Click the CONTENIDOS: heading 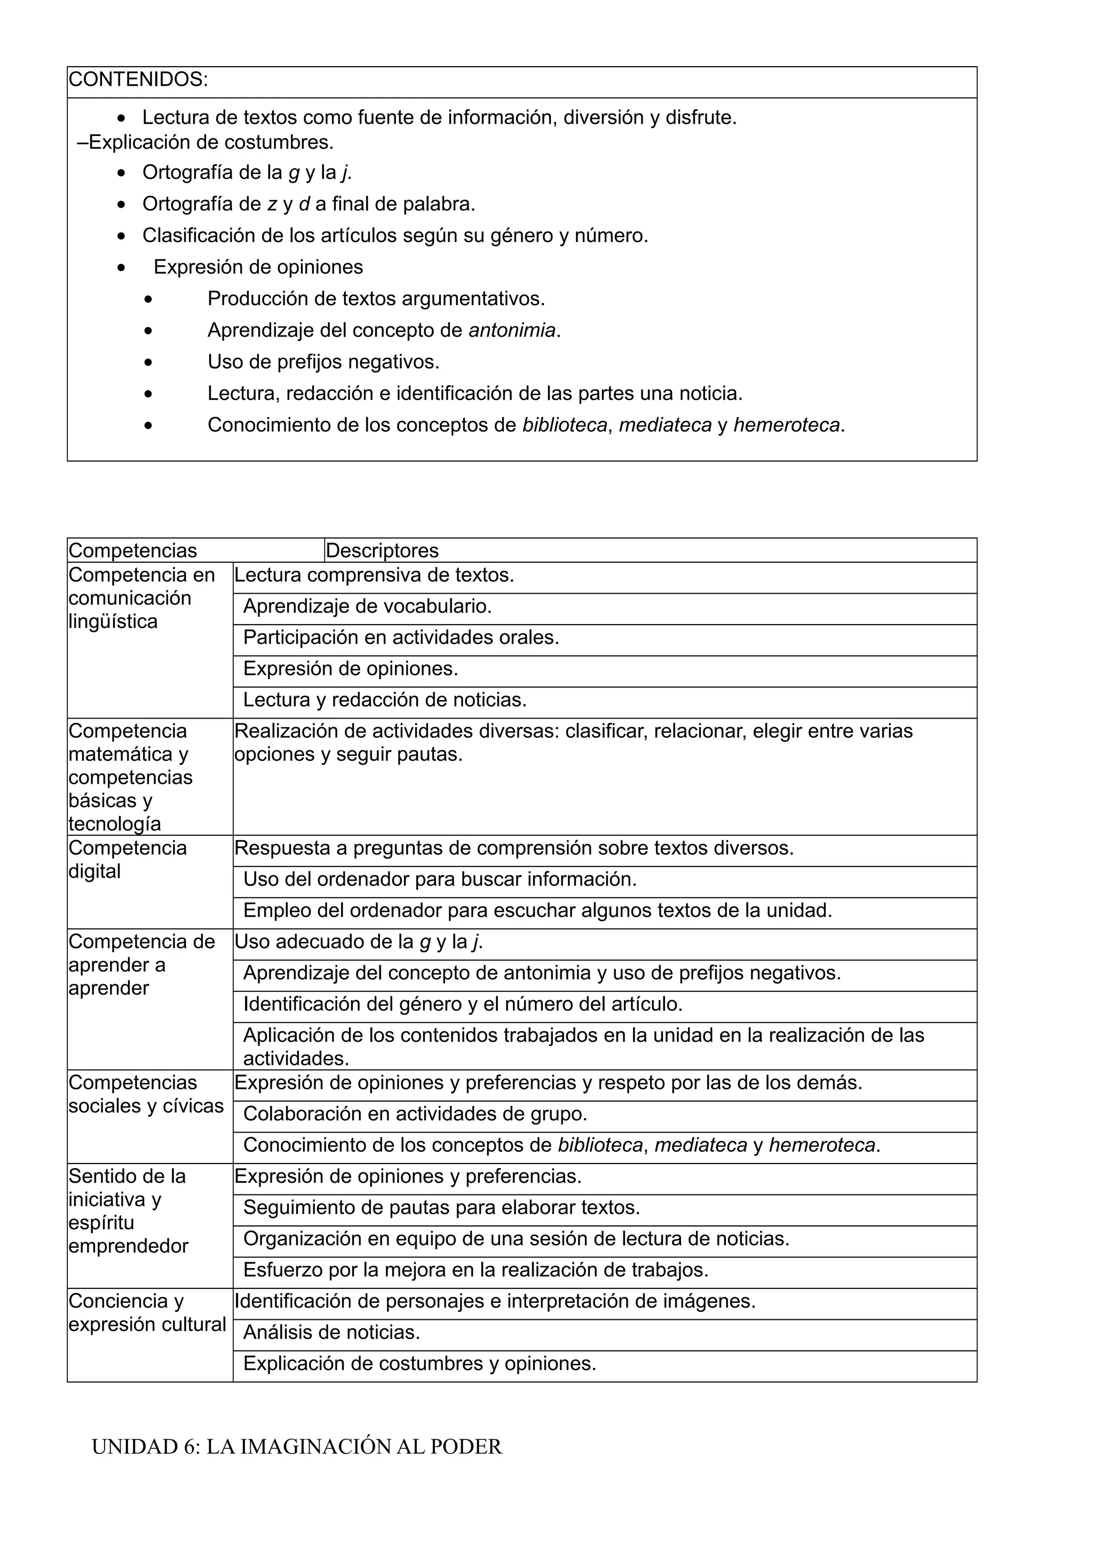138,80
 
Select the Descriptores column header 382,551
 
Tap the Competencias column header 133,551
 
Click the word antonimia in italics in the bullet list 512,331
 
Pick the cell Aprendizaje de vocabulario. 367,607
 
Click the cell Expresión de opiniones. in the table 350,668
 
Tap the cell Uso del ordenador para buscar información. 440,879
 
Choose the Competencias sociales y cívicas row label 146,1094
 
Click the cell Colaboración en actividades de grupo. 415,1114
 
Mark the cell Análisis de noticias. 331,1332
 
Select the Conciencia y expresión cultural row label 147,1312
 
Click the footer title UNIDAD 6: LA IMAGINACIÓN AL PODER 296,1446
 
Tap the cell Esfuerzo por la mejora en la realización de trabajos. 476,1270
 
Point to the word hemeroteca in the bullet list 786,426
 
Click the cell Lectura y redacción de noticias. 385,700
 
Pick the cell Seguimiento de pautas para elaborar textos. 441,1207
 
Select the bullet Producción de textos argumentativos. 376,299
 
